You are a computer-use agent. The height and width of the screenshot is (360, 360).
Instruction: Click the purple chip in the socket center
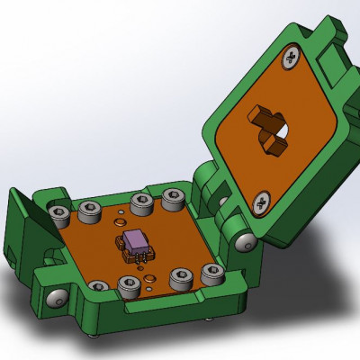click(137, 241)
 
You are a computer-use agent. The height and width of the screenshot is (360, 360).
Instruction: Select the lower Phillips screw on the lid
click(262, 202)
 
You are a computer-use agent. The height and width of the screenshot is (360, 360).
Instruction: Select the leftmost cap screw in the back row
click(58, 214)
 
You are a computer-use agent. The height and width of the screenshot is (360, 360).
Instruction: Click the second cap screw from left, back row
click(89, 211)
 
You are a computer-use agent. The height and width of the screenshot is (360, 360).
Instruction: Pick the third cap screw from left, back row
click(140, 202)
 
